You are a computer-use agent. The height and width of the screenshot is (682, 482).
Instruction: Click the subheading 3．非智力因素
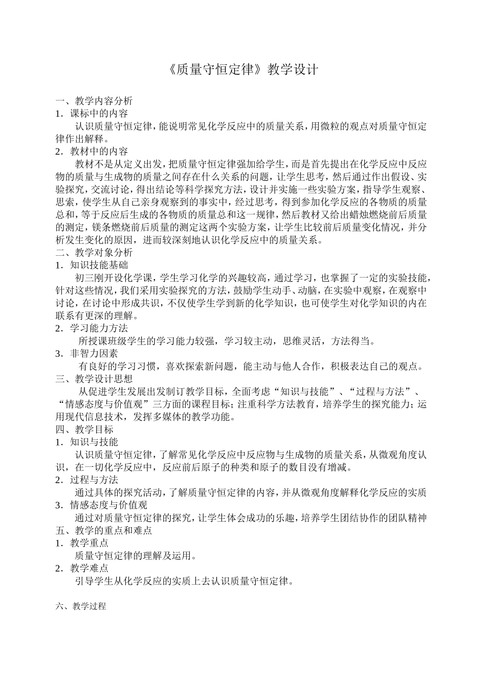[87, 354]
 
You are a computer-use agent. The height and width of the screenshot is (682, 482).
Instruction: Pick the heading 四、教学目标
[84, 429]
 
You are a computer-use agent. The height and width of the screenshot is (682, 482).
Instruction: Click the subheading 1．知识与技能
[87, 442]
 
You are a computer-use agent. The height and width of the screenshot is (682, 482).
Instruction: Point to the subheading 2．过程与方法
[87, 480]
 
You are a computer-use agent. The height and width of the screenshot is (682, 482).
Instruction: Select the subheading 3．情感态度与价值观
[101, 505]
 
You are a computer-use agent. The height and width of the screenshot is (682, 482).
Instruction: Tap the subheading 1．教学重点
[82, 543]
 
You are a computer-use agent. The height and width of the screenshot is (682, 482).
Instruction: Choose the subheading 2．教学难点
[82, 568]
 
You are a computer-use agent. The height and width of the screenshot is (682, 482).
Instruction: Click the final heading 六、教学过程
[81, 606]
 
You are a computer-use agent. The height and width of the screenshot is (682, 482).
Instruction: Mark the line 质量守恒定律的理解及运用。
[135, 556]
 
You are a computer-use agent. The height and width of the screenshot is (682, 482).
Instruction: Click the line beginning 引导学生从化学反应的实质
[184, 581]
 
